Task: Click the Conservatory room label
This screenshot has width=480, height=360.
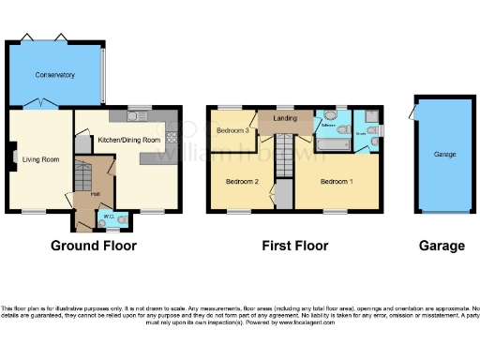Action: click(54, 74)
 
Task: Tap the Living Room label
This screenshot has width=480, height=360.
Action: click(41, 159)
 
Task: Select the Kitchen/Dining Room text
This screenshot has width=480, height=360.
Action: click(128, 140)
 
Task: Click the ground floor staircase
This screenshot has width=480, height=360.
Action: click(87, 174)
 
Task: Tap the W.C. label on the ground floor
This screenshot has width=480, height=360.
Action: click(109, 217)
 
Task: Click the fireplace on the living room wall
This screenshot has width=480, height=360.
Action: click(12, 157)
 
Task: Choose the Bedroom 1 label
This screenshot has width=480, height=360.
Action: click(337, 180)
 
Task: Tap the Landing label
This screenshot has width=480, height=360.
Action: click(285, 119)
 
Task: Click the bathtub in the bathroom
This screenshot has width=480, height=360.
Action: click(332, 146)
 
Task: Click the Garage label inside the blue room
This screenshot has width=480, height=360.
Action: click(444, 154)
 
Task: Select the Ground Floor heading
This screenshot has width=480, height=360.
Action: click(93, 246)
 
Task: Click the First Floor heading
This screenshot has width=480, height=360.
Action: click(295, 246)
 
